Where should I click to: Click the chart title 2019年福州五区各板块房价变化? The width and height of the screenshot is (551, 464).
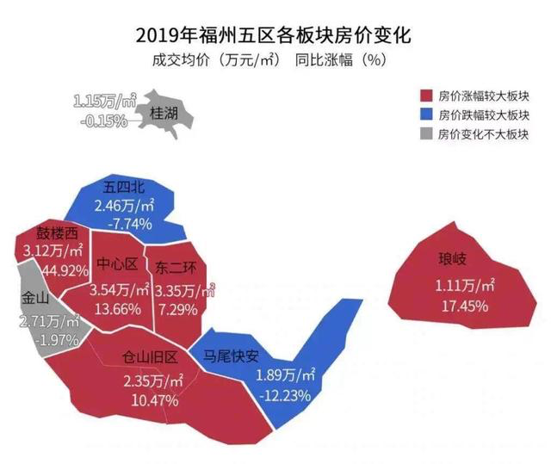274,37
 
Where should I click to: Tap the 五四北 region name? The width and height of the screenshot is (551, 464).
124,187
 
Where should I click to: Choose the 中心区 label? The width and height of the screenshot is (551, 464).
117,263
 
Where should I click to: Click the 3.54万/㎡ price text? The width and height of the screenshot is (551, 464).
120,290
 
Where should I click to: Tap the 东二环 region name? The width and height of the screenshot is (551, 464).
176,267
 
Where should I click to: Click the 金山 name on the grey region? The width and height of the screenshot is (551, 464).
35,300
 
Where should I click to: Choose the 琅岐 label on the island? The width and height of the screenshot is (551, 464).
455,260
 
